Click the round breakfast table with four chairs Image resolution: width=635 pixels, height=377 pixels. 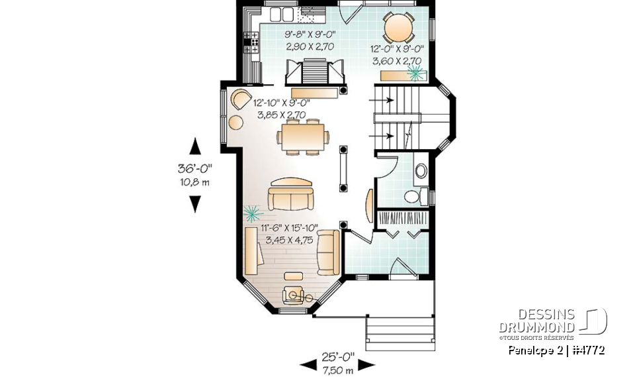pos(400,28)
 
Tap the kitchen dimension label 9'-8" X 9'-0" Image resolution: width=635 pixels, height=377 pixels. pos(310,35)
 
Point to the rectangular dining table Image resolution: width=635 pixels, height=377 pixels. pos(304,137)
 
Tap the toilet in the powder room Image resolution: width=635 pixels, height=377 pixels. pos(413,197)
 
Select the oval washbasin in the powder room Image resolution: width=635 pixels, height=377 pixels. pos(421,172)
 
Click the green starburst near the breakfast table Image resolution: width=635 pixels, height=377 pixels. pos(415,72)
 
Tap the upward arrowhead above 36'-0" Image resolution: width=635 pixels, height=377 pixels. pos(194,146)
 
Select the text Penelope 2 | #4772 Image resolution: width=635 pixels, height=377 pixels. pos(556,350)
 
